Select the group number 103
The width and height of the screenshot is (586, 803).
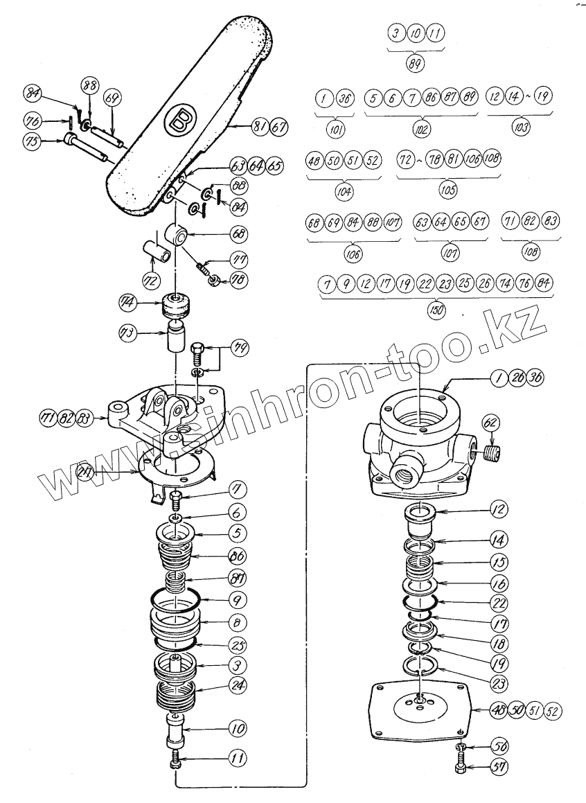520,127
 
